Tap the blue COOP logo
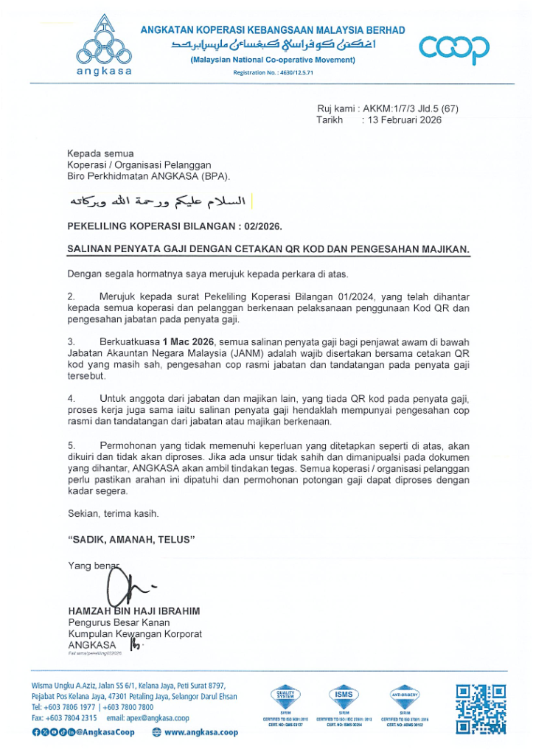[x=453, y=49]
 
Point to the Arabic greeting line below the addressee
[x=157, y=201]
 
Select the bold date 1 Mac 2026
[x=188, y=342]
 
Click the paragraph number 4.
[x=71, y=399]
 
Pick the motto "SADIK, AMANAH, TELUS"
[x=131, y=540]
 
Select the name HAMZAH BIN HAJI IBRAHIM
[x=133, y=611]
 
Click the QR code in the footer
[x=481, y=709]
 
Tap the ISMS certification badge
[x=344, y=695]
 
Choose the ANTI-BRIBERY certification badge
[x=405, y=695]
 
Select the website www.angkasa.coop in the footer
[x=201, y=732]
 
